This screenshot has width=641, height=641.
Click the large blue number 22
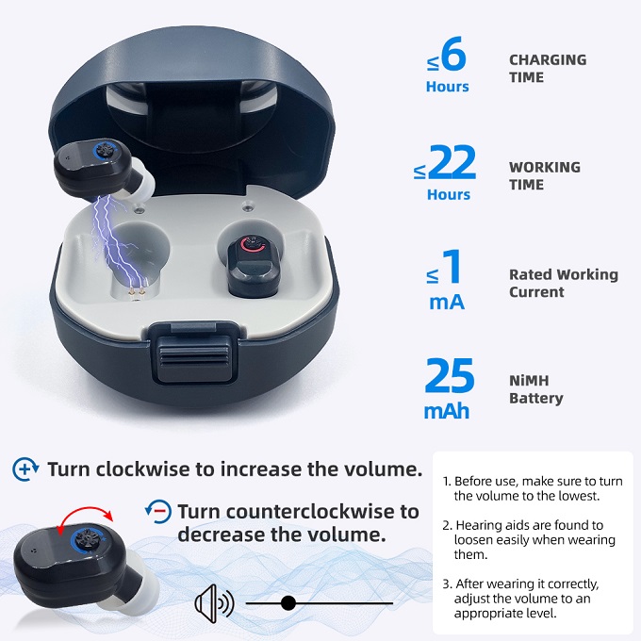click(x=453, y=163)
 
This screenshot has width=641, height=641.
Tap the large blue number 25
click(x=450, y=376)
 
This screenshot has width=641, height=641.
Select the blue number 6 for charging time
click(x=453, y=53)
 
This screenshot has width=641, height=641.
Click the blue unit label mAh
click(x=447, y=411)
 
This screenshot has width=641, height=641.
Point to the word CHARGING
click(x=548, y=59)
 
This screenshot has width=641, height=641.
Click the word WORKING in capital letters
click(x=545, y=167)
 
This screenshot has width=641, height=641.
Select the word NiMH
click(x=529, y=381)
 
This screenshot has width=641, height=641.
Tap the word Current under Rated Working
click(x=536, y=292)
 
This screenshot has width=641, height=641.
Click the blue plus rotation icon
click(x=25, y=468)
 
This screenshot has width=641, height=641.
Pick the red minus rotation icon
click(x=158, y=511)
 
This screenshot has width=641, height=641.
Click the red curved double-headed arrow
click(x=85, y=516)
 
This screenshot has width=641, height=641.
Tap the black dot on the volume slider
click(x=288, y=603)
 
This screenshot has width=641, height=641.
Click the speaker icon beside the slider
click(x=214, y=603)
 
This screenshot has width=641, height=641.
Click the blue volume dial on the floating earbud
click(x=107, y=150)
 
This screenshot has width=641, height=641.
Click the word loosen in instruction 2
click(x=476, y=539)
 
